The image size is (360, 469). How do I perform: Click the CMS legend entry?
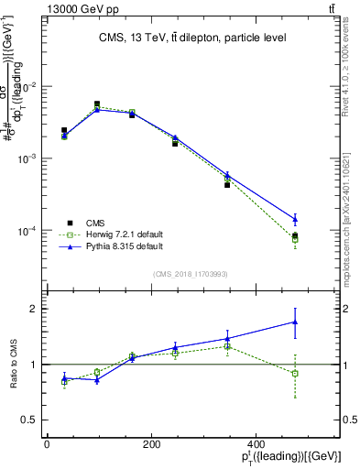pos(95,223)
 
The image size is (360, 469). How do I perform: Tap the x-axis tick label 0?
pos(47,444)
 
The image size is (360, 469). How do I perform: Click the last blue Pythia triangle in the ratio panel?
pos(295,322)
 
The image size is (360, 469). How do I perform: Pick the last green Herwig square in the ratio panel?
pos(295,374)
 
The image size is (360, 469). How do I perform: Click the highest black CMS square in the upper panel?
pos(97,104)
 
